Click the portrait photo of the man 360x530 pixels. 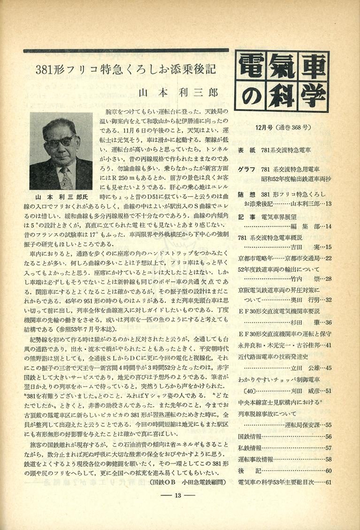point(61,151)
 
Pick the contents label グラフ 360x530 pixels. point(247,169)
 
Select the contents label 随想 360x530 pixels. point(247,195)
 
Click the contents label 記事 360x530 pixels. point(247,217)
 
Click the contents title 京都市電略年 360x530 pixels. point(255,257)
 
